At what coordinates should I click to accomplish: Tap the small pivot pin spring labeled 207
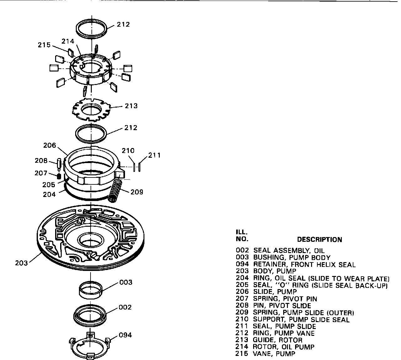[59, 176]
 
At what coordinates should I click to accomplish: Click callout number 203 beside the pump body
[22, 263]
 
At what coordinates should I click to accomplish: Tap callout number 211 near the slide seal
[154, 155]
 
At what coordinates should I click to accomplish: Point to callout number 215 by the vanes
[44, 45]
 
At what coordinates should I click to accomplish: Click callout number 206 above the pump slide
[50, 146]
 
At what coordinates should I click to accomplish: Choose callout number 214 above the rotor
[68, 41]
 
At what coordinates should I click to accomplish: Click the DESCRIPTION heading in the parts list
[319, 240]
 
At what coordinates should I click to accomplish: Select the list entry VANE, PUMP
[274, 354]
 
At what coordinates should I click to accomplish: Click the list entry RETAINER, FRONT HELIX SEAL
[304, 265]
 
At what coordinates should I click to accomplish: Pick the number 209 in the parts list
[242, 313]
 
